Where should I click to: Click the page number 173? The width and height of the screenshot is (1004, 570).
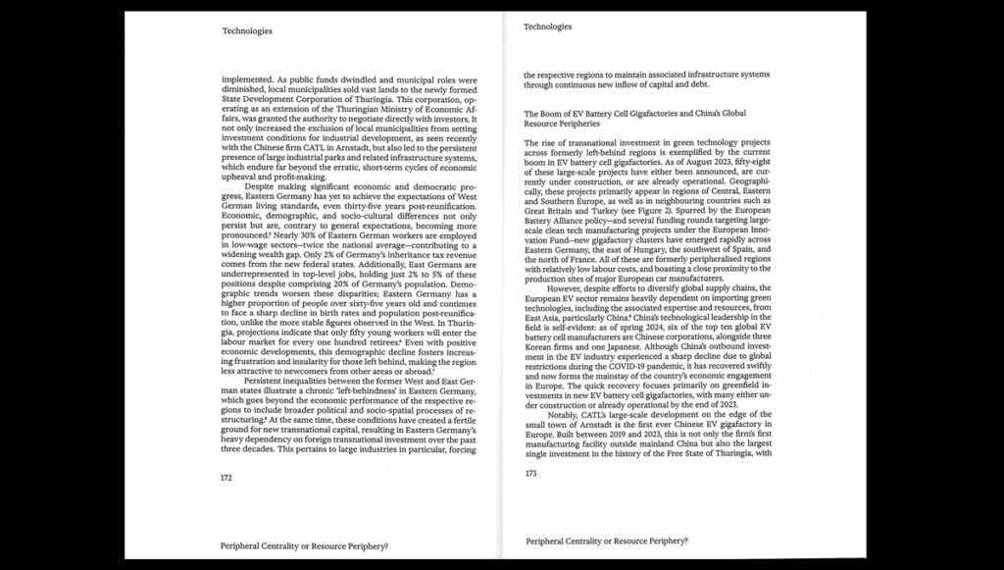530,473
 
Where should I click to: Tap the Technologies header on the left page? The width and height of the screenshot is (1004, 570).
247,30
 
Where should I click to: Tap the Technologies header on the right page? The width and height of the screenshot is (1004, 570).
548,26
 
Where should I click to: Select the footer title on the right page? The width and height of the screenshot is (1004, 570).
607,541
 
